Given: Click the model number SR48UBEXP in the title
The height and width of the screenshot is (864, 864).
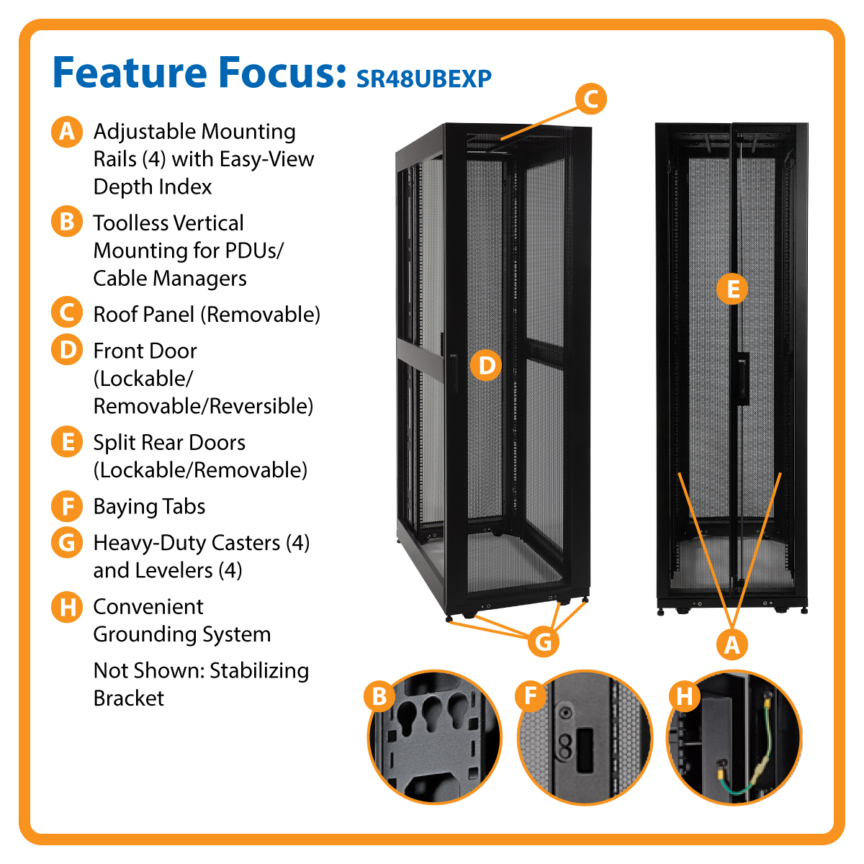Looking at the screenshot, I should coord(424,78).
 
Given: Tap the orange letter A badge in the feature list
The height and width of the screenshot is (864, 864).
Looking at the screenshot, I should coord(67,132).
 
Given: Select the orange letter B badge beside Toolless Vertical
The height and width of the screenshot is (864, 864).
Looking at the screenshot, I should coord(67,222).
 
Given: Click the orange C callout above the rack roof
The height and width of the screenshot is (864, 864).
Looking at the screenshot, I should coord(590,99).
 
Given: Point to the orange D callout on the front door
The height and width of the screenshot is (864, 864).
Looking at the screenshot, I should coord(487,366).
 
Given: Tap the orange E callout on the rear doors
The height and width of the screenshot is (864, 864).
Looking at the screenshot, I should coord(732,289).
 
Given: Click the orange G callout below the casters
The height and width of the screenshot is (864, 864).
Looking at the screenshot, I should coord(544,641).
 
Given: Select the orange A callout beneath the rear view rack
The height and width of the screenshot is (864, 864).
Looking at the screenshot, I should coord(732,644).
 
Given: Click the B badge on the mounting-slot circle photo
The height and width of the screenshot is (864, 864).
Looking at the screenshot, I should coord(379,696).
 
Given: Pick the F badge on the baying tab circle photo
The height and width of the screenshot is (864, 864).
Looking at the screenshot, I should coord(531,696).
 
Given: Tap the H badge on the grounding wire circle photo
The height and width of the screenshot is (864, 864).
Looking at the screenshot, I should coord(685,696).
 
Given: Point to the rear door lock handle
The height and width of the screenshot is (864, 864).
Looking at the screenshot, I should coord(742,378).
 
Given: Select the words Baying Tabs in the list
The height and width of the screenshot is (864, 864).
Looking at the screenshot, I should coord(149,507).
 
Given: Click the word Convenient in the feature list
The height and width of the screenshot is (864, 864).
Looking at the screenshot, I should coord(148,607).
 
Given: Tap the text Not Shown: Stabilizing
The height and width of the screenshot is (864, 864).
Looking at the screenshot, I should coord(201,671).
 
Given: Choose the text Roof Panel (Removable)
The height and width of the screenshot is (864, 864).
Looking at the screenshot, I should coord(207,315).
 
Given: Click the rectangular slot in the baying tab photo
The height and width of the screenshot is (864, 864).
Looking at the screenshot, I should coord(584,743).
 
